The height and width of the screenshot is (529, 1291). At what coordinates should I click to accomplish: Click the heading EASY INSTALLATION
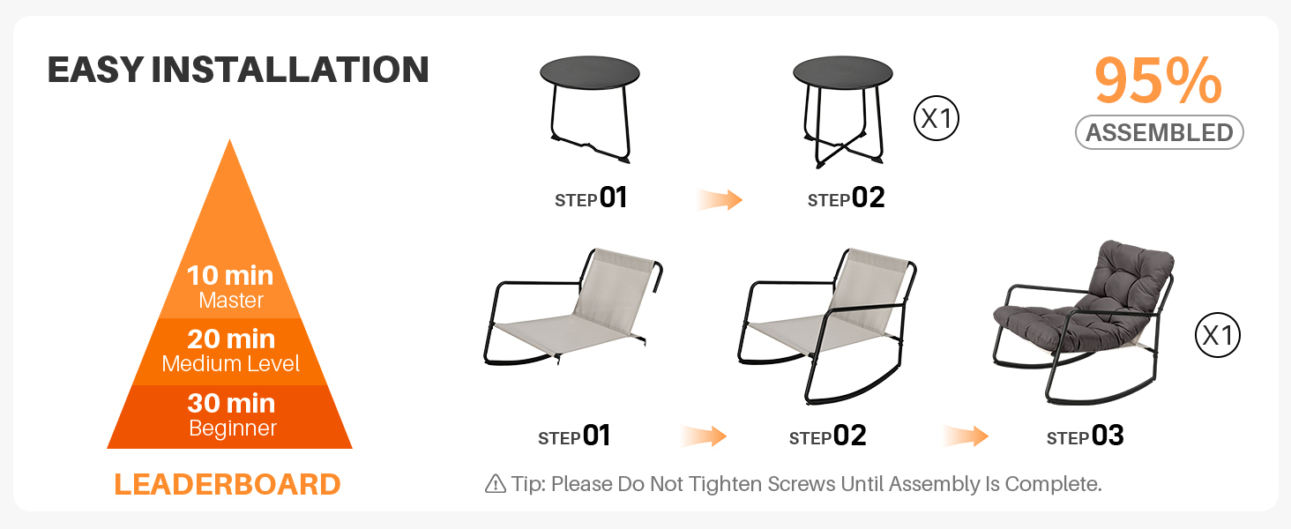238,70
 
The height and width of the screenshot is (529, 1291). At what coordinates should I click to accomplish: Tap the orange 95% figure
1158,81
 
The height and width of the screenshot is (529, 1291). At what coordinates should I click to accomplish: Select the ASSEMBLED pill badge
1159,132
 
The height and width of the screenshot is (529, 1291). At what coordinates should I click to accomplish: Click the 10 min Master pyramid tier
230,287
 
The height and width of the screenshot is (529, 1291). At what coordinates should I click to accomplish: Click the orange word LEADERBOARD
228,485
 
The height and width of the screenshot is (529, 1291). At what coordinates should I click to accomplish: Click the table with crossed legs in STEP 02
843,110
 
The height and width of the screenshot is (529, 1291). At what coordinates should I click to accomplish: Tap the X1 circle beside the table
937,118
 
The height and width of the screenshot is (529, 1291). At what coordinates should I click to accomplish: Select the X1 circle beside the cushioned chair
1218,335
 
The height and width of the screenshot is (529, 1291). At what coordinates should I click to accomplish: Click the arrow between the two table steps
720,199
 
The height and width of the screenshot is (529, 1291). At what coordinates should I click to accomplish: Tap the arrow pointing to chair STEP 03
966,436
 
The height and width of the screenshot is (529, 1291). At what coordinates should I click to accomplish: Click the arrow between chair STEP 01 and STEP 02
704,436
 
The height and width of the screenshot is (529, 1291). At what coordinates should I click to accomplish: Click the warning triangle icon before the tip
496,484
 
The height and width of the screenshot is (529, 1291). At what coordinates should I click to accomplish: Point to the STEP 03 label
1086,436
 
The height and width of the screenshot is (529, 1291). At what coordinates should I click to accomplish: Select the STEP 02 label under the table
846,198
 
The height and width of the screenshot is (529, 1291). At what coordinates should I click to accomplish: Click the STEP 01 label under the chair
574,436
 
